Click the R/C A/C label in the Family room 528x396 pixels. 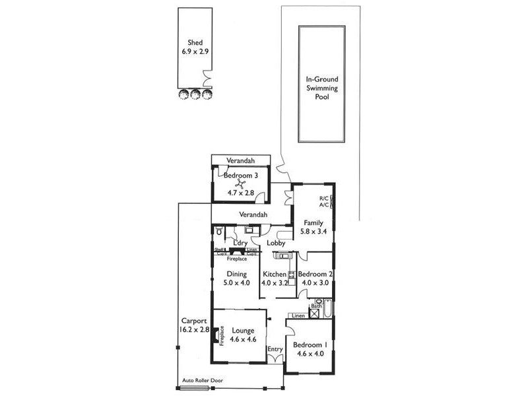pos(324,201)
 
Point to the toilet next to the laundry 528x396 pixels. pos(219,231)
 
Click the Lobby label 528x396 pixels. pos(276,243)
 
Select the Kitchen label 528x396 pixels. pos(275,275)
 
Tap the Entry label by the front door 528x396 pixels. pos(275,349)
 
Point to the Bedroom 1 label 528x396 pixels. pos(310,345)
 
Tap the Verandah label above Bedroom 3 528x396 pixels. pos(240,160)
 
